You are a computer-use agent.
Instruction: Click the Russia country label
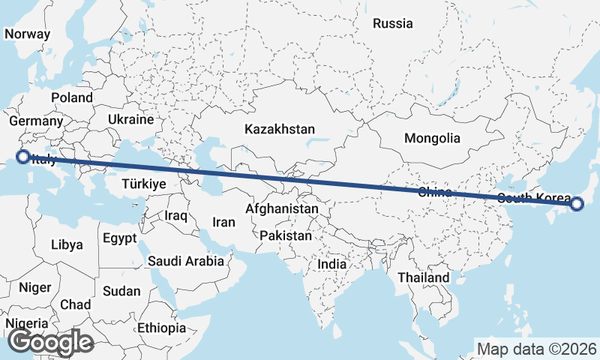[x=392, y=23]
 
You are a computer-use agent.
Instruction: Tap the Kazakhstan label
[x=279, y=129]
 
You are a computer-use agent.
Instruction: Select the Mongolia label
[x=431, y=138]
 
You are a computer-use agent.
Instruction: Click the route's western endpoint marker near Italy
[x=22, y=157]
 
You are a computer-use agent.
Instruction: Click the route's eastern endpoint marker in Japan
[x=577, y=203]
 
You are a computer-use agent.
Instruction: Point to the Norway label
[x=27, y=34]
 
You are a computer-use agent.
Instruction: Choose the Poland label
[x=71, y=97]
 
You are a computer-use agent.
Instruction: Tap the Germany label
[x=35, y=121]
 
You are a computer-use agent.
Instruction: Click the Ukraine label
[x=130, y=119]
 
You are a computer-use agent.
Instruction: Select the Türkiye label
[x=143, y=184]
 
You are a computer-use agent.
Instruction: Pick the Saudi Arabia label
[x=186, y=261]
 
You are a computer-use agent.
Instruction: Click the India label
[x=331, y=264]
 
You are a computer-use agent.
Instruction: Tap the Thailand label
[x=424, y=277]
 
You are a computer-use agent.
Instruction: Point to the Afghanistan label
[x=282, y=208]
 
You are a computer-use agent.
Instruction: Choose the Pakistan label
[x=286, y=235]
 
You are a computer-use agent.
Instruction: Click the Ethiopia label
[x=161, y=328]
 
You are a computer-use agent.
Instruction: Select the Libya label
[x=67, y=244]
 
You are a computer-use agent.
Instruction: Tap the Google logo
[x=50, y=342]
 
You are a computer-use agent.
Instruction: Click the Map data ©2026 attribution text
[x=537, y=349]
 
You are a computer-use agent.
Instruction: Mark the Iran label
[x=223, y=222]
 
